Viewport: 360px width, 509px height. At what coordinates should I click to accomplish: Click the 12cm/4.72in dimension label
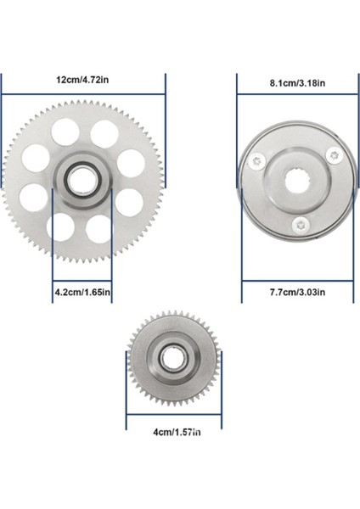coord(82,80)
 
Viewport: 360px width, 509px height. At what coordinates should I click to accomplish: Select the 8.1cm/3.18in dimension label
coord(297,83)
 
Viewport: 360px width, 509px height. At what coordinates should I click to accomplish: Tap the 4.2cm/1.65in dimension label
coord(82,292)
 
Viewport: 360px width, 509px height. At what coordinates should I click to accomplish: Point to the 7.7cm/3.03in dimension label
coord(297,292)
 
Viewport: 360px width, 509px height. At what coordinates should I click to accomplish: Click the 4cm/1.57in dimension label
coord(177,433)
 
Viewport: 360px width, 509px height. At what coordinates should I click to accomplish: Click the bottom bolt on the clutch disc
coord(301,225)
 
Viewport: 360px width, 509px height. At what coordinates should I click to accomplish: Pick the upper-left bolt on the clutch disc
coord(257,160)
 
